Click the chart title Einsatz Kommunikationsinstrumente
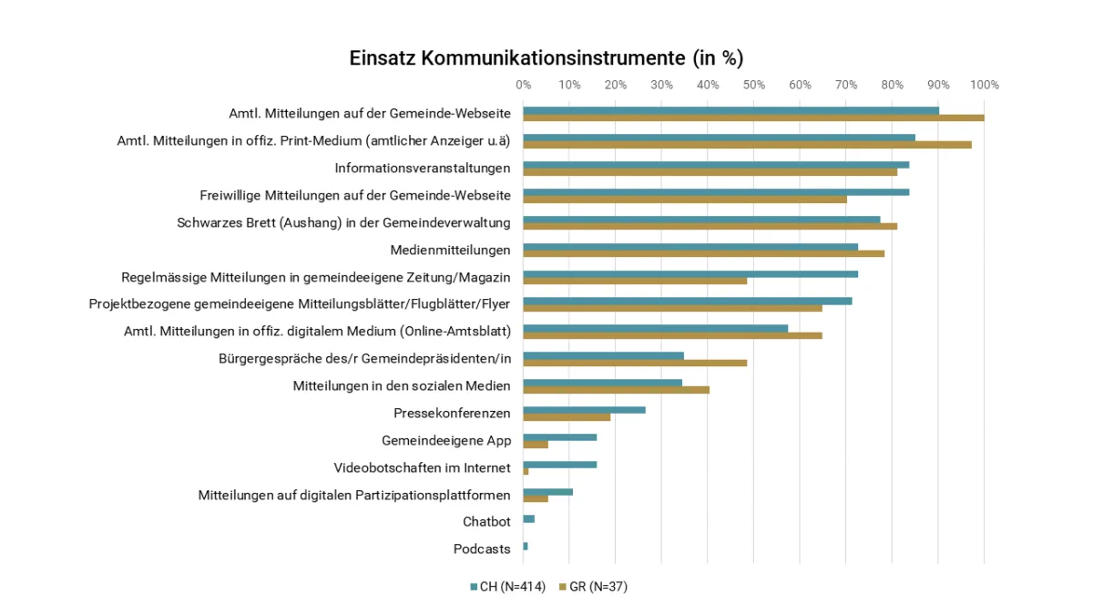(546, 58)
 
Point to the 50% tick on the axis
(753, 85)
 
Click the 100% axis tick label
(985, 85)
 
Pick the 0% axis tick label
(524, 85)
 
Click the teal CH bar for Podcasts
(526, 546)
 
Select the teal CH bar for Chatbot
(529, 518)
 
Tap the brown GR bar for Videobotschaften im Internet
(526, 471)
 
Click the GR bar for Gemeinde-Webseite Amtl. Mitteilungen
(753, 118)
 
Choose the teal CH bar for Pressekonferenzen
(584, 410)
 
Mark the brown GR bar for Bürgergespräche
(635, 363)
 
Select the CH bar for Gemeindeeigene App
(560, 437)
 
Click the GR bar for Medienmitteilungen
(703, 253)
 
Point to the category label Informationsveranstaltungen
(423, 168)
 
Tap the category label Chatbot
(486, 522)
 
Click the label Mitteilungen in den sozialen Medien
(402, 385)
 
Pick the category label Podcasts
(482, 549)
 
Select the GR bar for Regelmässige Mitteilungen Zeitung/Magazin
(635, 281)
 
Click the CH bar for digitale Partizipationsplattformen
(548, 492)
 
